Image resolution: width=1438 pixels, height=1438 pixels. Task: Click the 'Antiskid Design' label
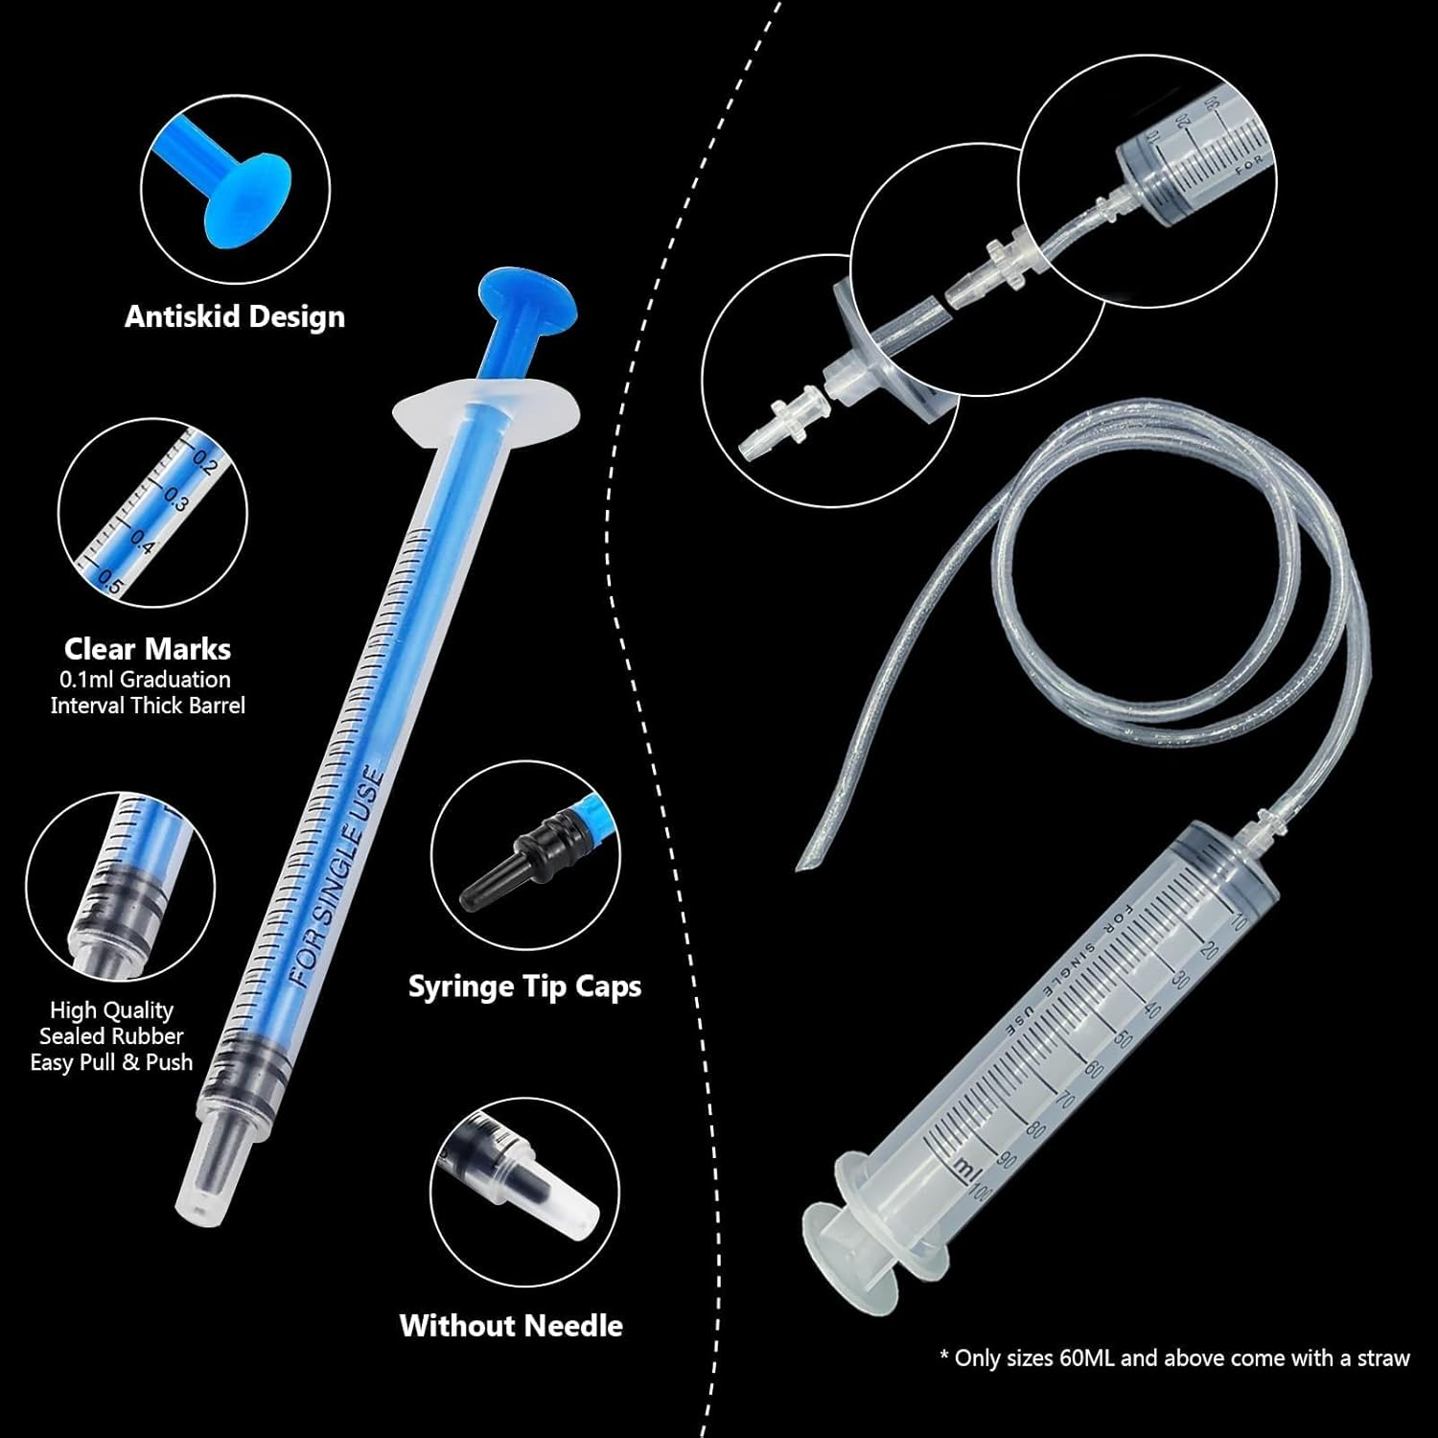pos(235,317)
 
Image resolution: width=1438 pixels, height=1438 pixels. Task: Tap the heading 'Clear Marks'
pos(148,649)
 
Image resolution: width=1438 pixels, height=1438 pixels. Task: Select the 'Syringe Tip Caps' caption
pos(524,986)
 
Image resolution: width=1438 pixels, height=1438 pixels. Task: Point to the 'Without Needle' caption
pos(511,1326)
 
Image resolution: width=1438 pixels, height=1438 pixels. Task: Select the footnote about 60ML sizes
pos(1174,1358)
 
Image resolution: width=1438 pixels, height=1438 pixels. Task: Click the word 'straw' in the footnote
pos(1385,1358)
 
